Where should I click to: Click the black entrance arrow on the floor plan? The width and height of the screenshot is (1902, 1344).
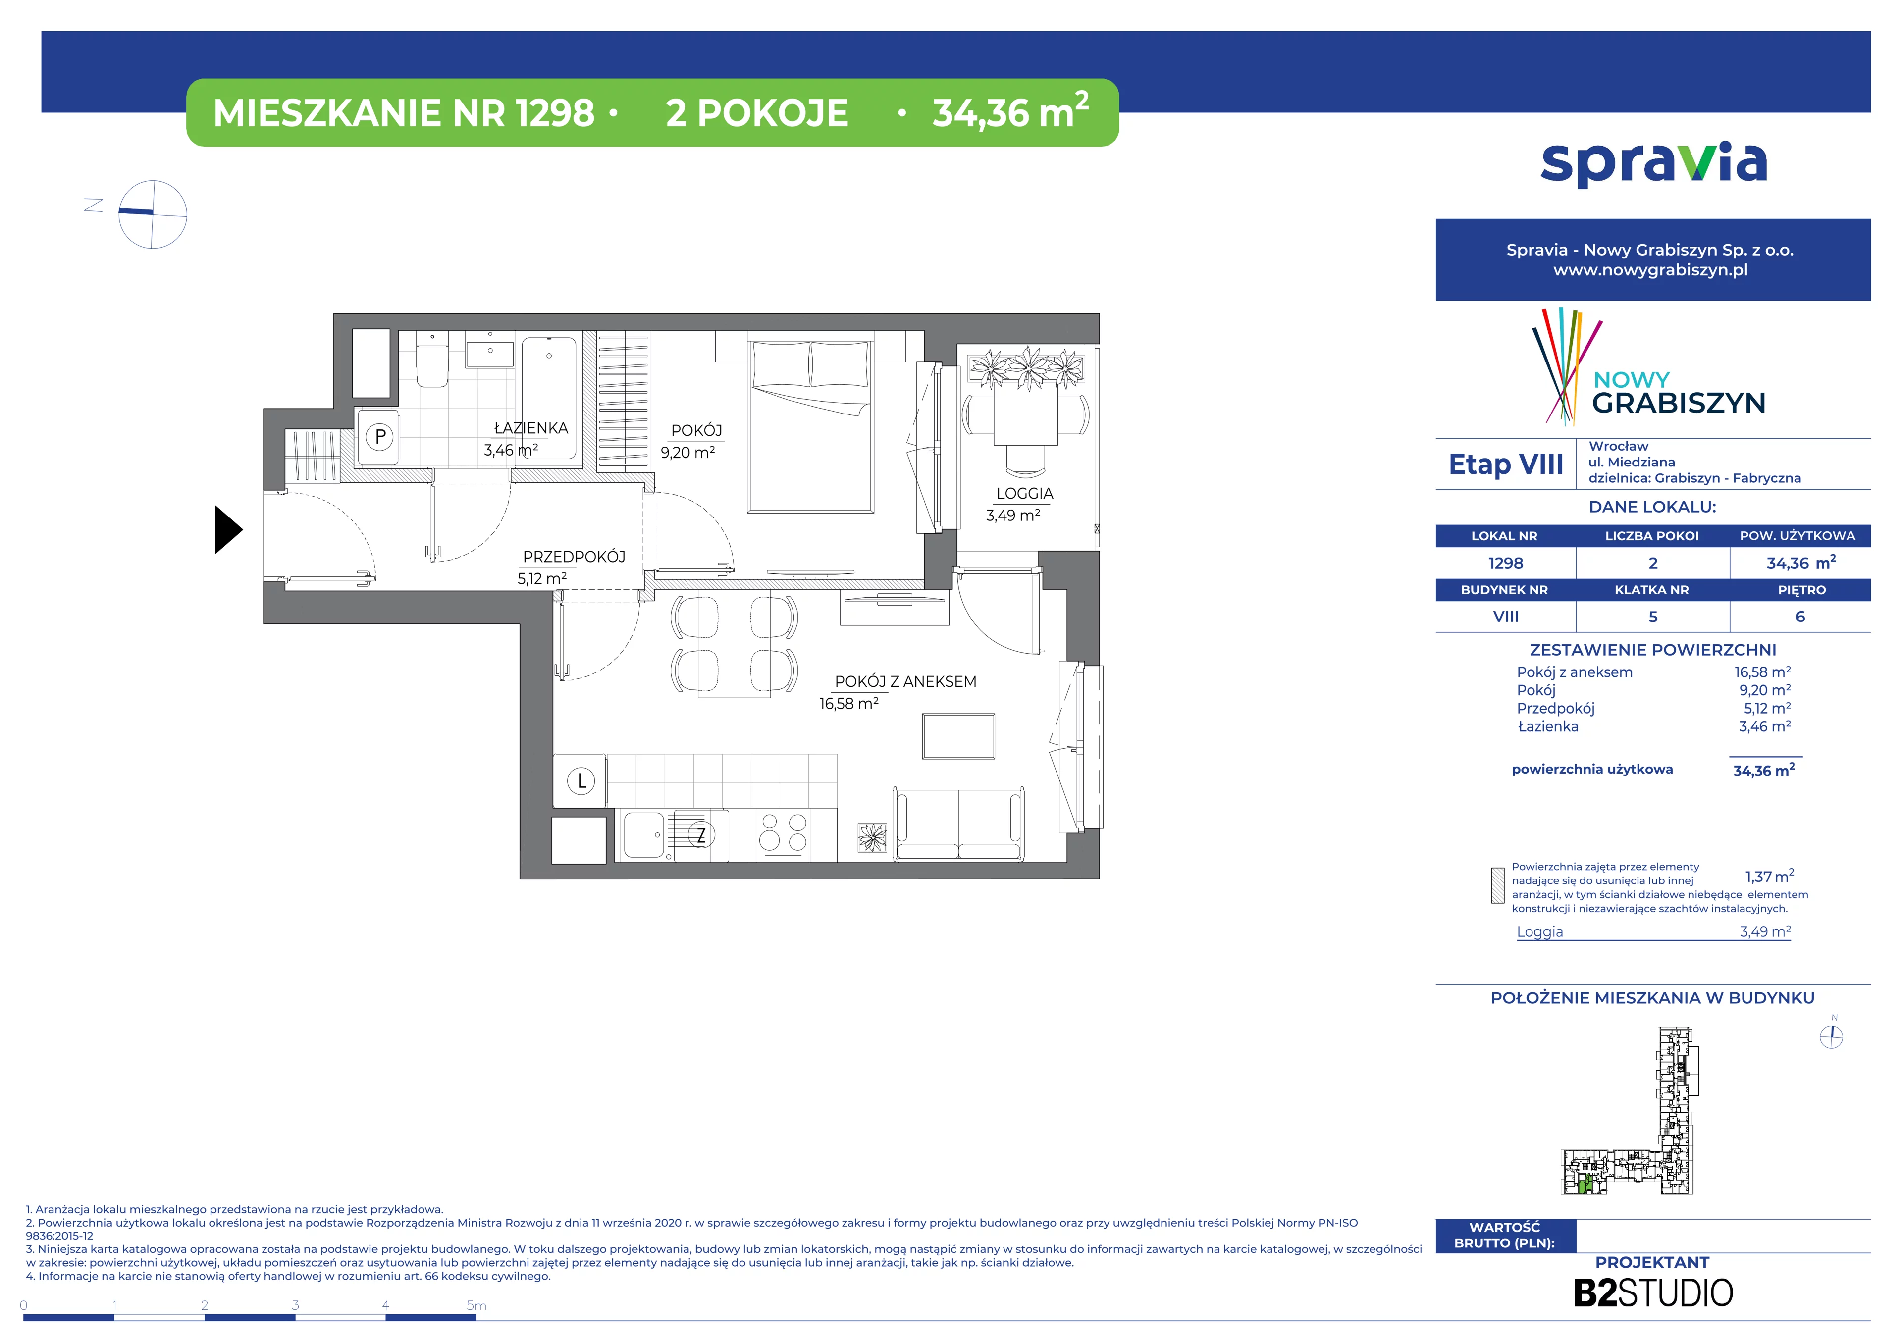[x=228, y=529]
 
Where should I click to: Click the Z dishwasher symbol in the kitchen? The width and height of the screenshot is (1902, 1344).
[x=701, y=835]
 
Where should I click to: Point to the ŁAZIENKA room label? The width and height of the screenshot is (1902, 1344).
[x=531, y=428]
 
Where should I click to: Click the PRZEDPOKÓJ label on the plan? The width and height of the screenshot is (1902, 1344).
[x=574, y=557]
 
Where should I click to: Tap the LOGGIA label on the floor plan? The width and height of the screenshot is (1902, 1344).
[x=1025, y=494]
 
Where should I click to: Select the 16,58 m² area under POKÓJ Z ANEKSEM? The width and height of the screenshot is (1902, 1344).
[x=849, y=703]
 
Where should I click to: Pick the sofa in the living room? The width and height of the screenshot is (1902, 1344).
[x=958, y=823]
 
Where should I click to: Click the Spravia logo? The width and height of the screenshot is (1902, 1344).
[x=1653, y=164]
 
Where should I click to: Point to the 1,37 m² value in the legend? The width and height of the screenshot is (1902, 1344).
[x=1769, y=876]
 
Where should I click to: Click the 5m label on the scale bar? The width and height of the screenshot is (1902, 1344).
[x=476, y=1306]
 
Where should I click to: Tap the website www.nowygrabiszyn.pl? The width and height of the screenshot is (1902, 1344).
[x=1651, y=270]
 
